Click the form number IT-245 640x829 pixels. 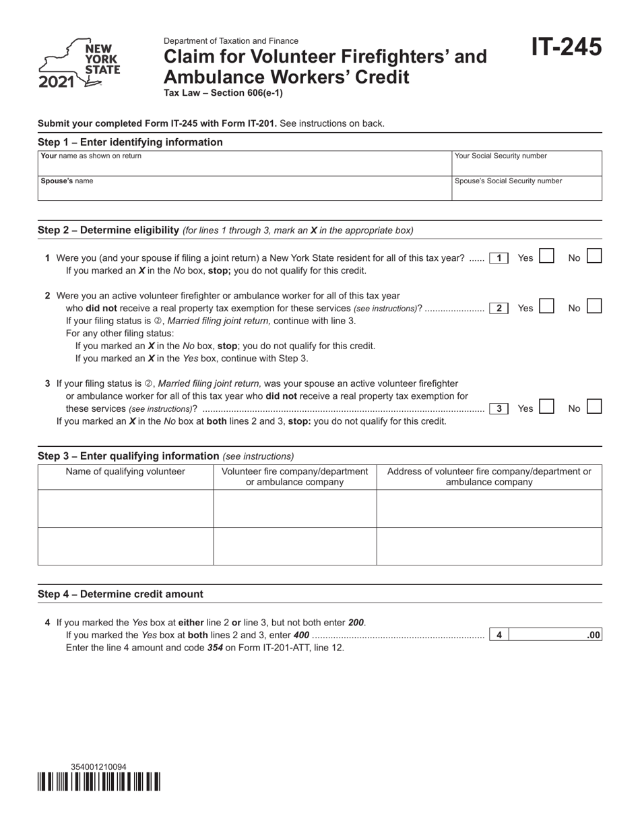pos(566,47)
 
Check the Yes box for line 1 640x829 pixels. pos(546,257)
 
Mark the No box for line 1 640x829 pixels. pos(594,257)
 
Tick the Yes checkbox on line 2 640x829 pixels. pos(546,307)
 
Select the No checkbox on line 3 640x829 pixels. pos(594,408)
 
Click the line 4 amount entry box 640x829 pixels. pos(555,635)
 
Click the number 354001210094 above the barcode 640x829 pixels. pos(98,767)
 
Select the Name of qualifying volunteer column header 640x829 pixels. pos(125,472)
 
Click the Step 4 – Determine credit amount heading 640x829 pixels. pos(121,594)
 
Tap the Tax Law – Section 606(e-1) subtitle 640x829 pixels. pos(223,93)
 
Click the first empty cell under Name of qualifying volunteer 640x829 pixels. pos(125,508)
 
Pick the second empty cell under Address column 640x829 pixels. pos(488,546)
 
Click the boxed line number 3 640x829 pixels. pos(499,408)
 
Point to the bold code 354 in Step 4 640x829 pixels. pos(215,647)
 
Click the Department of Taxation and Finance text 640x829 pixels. pos(230,41)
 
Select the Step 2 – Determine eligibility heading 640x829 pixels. pos(108,230)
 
